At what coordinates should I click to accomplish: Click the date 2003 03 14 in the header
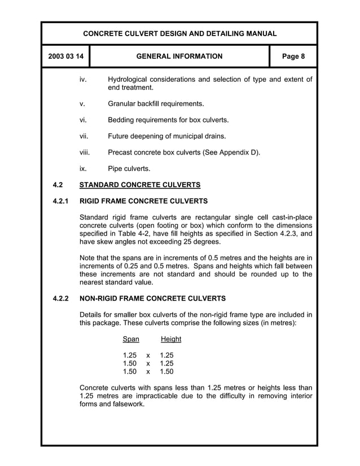point(65,56)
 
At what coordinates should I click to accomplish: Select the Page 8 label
point(293,56)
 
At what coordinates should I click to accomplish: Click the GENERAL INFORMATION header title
point(179,56)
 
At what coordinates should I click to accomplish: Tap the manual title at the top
point(179,34)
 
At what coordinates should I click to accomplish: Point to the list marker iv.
point(83,80)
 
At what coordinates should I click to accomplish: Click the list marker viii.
point(85,152)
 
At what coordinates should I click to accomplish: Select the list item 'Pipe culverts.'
point(129,169)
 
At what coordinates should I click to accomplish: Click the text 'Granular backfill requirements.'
point(156,104)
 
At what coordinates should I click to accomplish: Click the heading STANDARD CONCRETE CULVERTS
point(140,184)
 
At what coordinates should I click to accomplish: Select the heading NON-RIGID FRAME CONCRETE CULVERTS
point(152,298)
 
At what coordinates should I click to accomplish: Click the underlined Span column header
point(130,339)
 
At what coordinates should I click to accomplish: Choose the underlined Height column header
point(170,339)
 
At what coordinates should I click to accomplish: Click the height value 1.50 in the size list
point(166,372)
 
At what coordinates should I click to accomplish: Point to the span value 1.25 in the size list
point(130,355)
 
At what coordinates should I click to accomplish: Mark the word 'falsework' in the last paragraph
point(127,404)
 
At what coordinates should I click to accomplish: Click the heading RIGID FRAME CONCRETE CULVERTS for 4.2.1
point(144,201)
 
